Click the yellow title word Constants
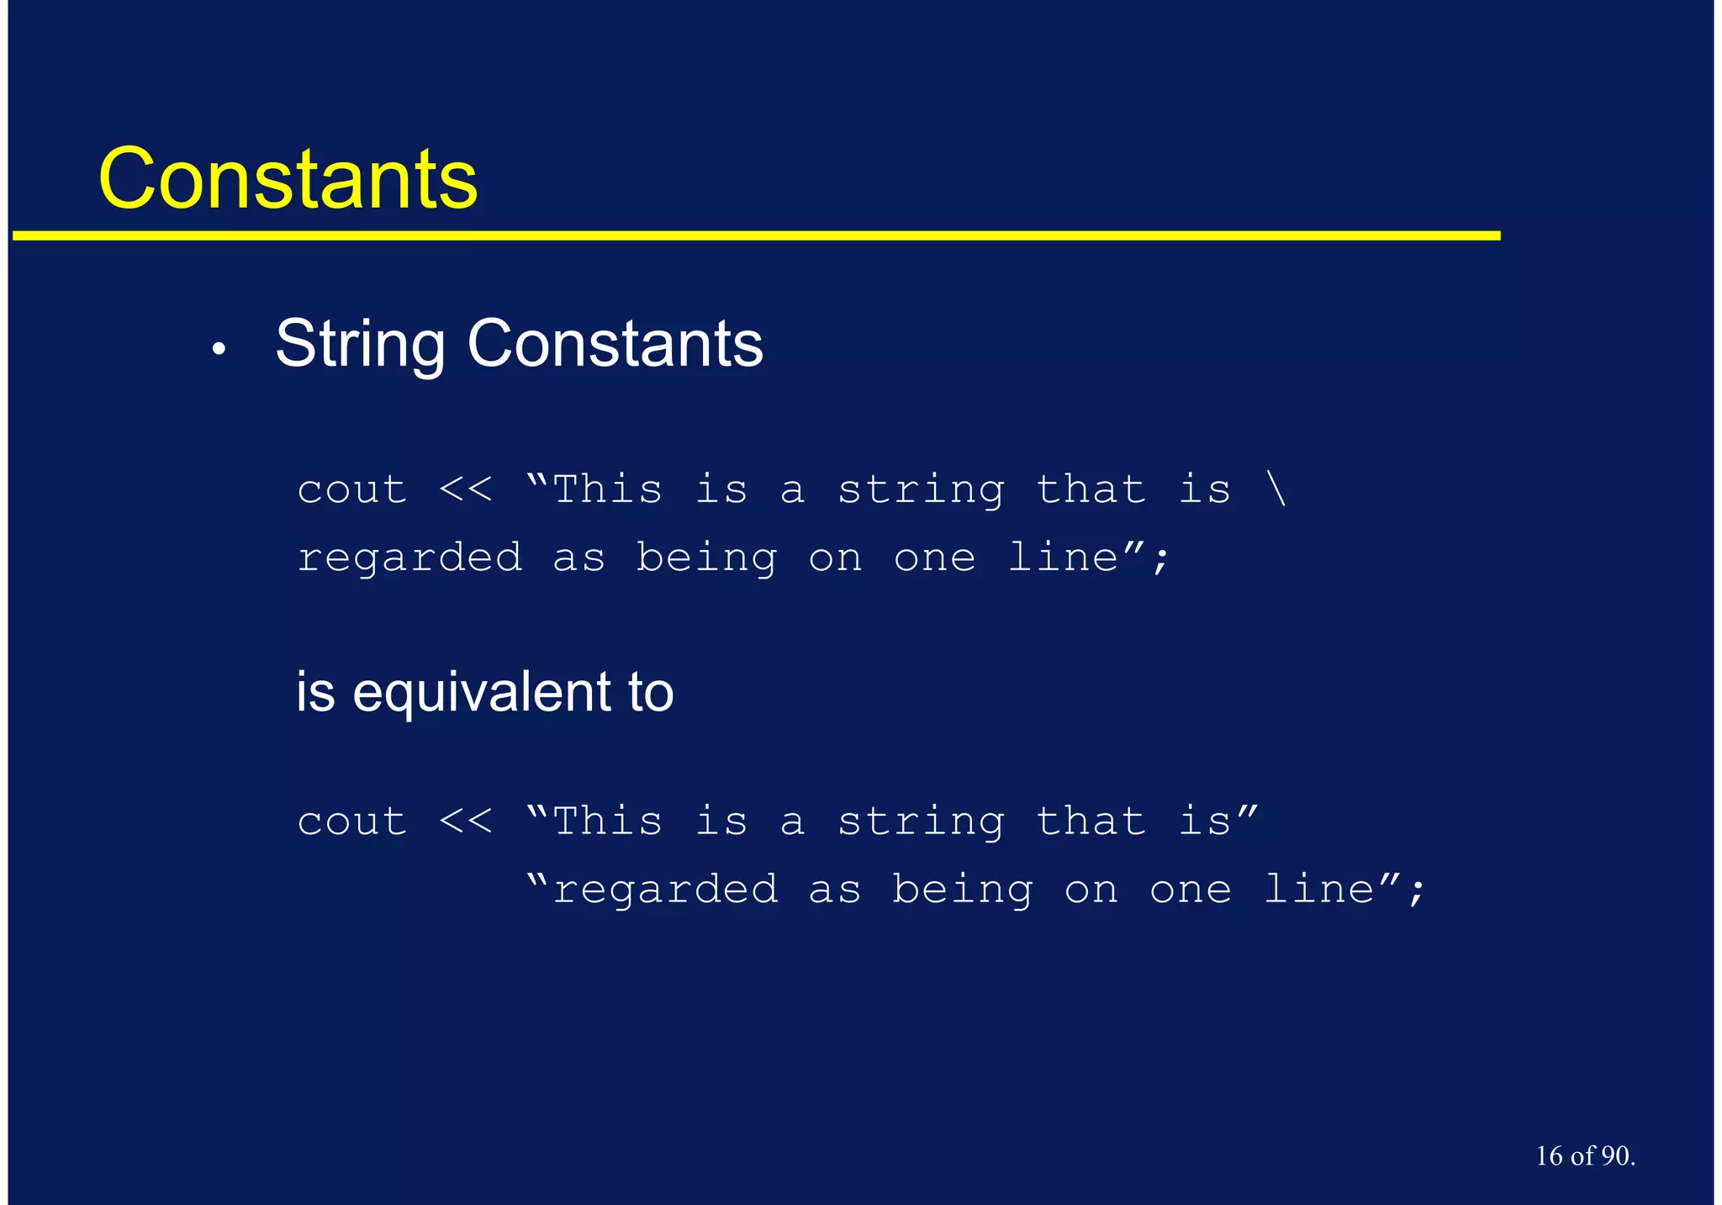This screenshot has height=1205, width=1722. pyautogui.click(x=288, y=178)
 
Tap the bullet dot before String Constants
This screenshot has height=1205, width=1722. pyautogui.click(x=219, y=349)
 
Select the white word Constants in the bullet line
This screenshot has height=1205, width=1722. pyautogui.click(x=615, y=344)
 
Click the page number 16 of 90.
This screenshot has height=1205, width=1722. pyautogui.click(x=1585, y=1156)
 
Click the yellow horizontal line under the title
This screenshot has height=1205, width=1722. pyautogui.click(x=757, y=236)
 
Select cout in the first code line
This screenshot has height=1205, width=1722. pyautogui.click(x=352, y=490)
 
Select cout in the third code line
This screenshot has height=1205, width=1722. pyautogui.click(x=352, y=822)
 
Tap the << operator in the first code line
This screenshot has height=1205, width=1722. pyautogui.click(x=466, y=489)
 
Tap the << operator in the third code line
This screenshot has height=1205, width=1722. pyautogui.click(x=466, y=822)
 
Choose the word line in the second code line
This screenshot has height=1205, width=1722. pyautogui.click(x=1063, y=558)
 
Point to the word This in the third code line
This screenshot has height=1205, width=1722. pyautogui.click(x=608, y=822)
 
